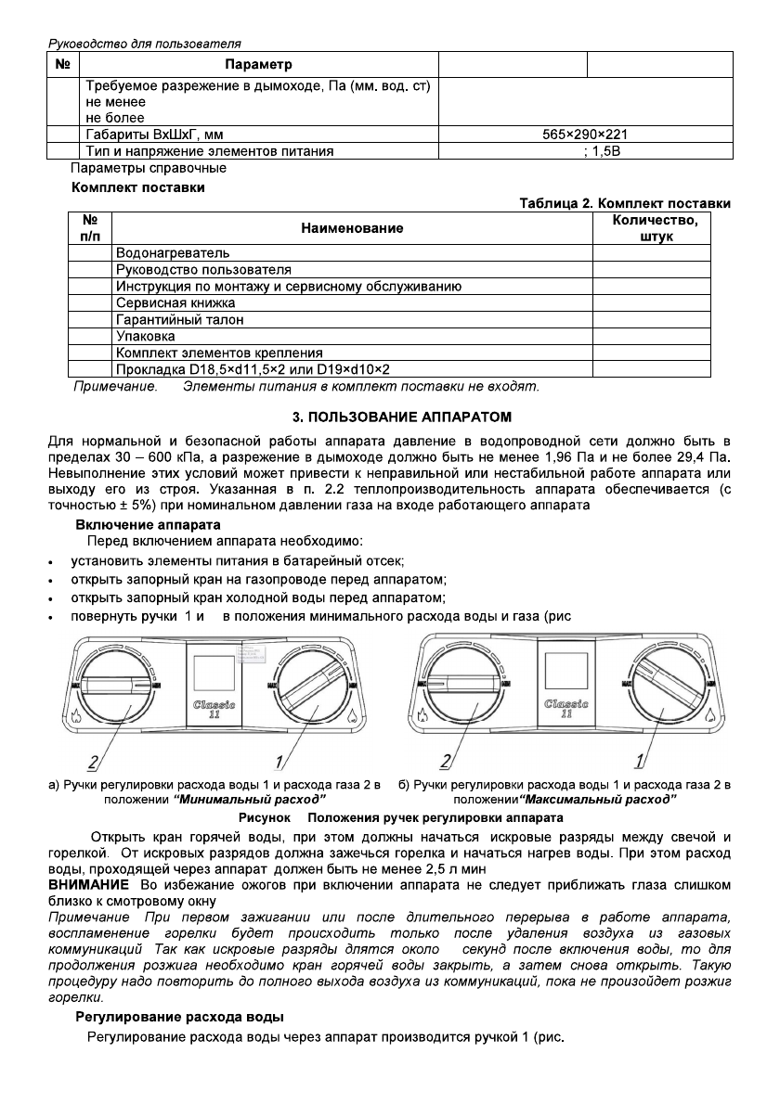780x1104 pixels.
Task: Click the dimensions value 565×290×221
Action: (x=586, y=135)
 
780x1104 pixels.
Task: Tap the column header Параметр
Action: (x=258, y=65)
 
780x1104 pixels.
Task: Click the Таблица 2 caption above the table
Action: (x=624, y=204)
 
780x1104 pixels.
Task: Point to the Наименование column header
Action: (x=352, y=228)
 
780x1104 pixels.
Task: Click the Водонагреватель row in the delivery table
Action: (x=173, y=252)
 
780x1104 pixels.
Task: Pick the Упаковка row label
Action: (x=146, y=336)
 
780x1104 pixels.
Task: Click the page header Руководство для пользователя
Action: (x=144, y=43)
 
